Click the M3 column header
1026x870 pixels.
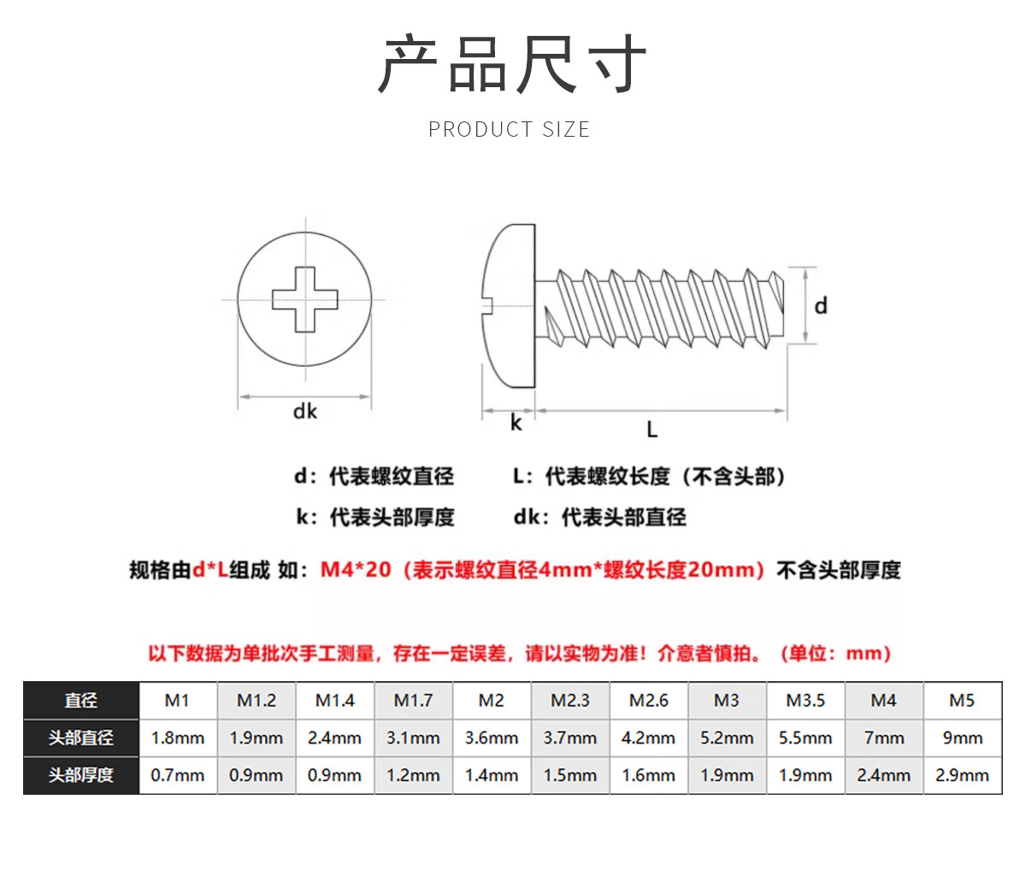pyautogui.click(x=726, y=700)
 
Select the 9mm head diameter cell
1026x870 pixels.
pyautogui.click(x=963, y=738)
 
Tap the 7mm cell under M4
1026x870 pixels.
pyautogui.click(x=883, y=738)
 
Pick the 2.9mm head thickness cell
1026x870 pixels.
pyautogui.click(x=963, y=775)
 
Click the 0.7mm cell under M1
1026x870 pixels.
pyautogui.click(x=178, y=775)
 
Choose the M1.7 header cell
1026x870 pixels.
pyautogui.click(x=413, y=700)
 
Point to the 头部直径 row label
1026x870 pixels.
pyautogui.click(x=81, y=738)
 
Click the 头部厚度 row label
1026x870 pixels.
pyautogui.click(x=81, y=775)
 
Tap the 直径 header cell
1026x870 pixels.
pyautogui.click(x=81, y=700)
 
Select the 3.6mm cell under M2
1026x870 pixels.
pyautogui.click(x=492, y=738)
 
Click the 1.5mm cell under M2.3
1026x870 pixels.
pyautogui.click(x=569, y=775)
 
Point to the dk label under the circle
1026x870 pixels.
pyautogui.click(x=304, y=411)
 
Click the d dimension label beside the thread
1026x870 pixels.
pyautogui.click(x=821, y=306)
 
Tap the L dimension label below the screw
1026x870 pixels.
pyautogui.click(x=652, y=429)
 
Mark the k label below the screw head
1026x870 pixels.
pyautogui.click(x=516, y=423)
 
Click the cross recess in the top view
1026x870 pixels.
pyautogui.click(x=304, y=299)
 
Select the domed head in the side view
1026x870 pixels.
pyautogui.click(x=508, y=306)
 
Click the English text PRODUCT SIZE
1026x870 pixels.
pyautogui.click(x=510, y=130)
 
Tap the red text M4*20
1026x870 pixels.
pyautogui.click(x=356, y=569)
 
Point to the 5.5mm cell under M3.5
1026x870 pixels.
pyautogui.click(x=805, y=738)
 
